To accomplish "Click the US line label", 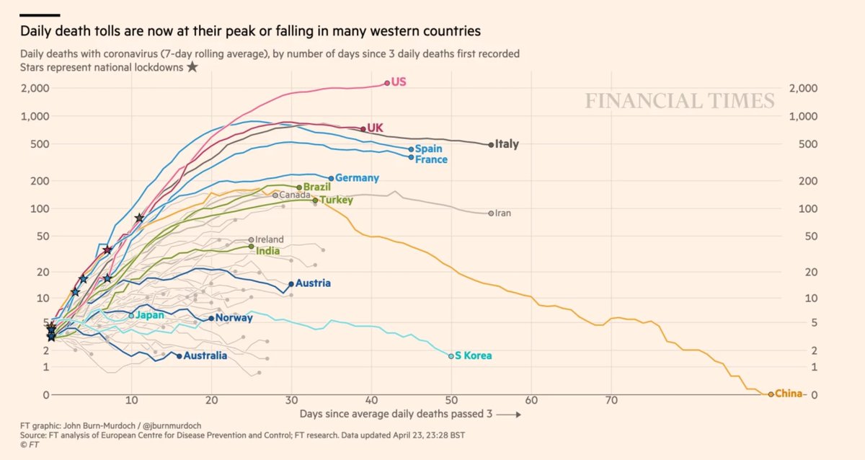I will [x=399, y=82].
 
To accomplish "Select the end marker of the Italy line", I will [x=492, y=145].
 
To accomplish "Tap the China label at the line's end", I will [x=788, y=394].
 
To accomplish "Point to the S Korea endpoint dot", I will [x=451, y=356].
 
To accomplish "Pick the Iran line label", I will [x=503, y=213].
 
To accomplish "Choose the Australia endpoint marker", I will [x=179, y=356].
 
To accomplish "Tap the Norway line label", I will [x=234, y=318].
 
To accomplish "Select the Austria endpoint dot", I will [x=290, y=284].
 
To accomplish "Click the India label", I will [x=268, y=252].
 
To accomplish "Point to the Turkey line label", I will [x=337, y=200].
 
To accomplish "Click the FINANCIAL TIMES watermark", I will [x=680, y=101].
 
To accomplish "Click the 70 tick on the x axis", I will [x=611, y=400].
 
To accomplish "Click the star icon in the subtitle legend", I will [x=192, y=67].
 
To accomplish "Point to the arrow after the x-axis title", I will [x=507, y=415].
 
